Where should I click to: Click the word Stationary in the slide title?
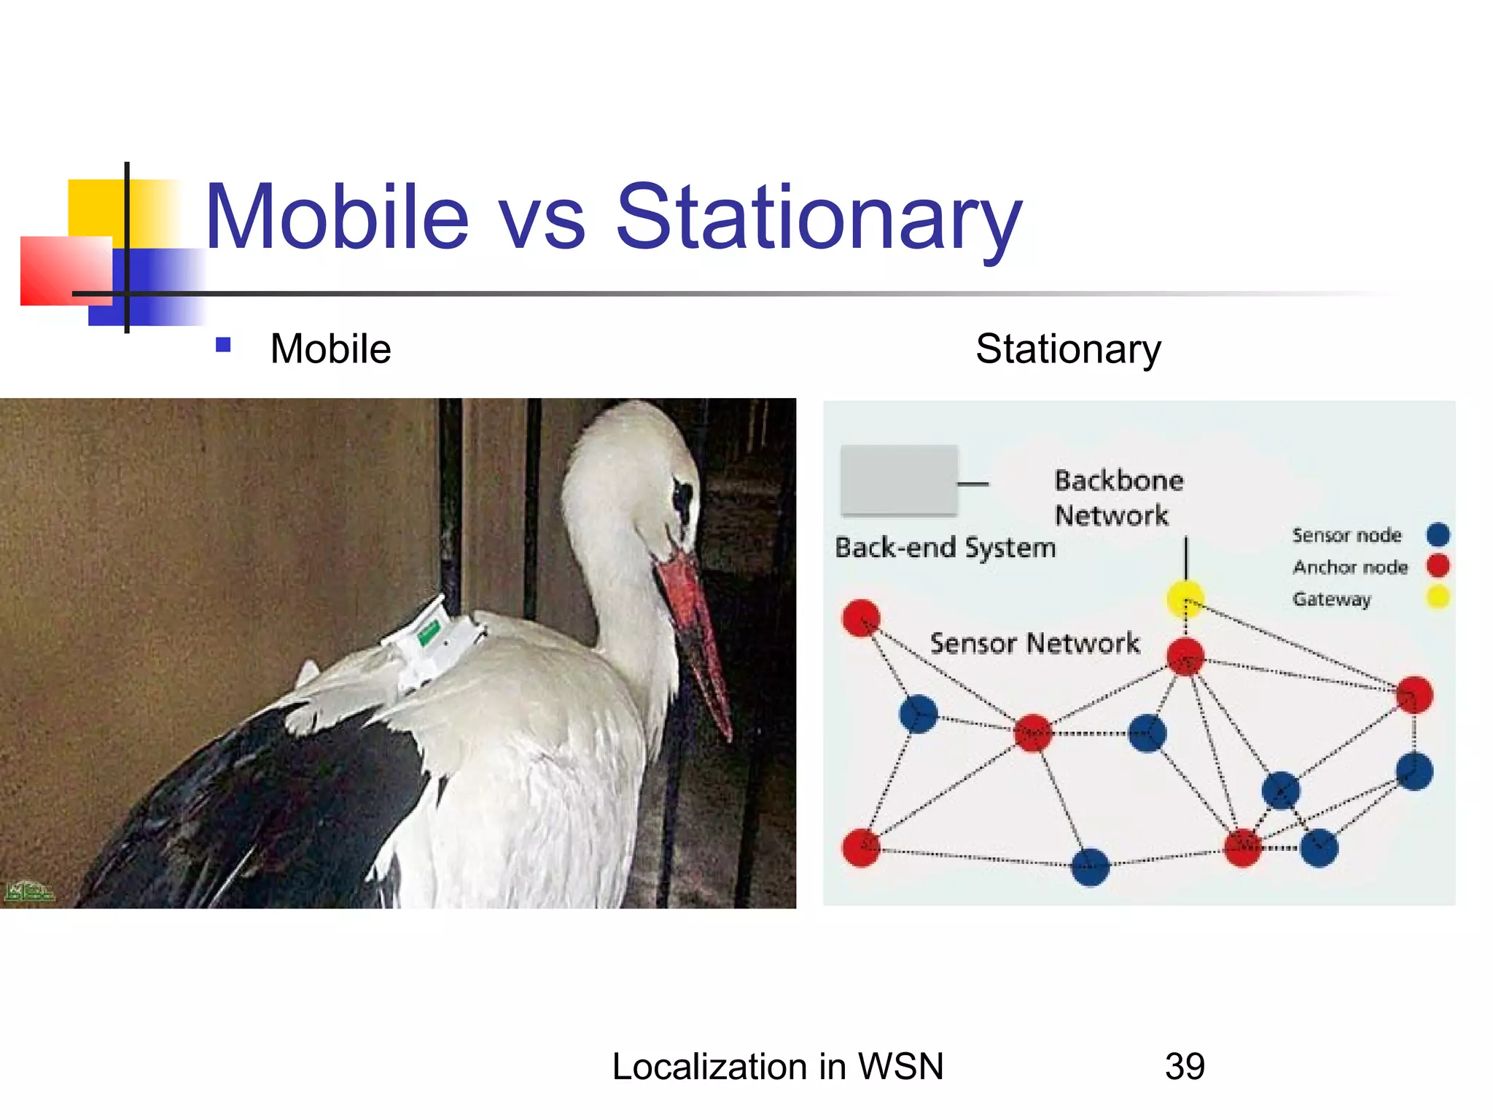point(819,217)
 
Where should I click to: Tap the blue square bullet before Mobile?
point(224,345)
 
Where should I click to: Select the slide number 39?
point(1185,1066)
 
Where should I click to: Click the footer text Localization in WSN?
point(778,1066)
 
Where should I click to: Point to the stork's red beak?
point(696,634)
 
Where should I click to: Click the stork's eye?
point(682,497)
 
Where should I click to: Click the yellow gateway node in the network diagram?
point(1185,599)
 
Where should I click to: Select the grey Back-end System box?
point(899,480)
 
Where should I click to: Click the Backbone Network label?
point(1118,497)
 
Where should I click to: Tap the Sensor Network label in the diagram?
point(1034,643)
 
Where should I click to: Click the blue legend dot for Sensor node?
point(1438,534)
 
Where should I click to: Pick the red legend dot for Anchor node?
point(1438,566)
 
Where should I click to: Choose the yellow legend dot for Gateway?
point(1438,597)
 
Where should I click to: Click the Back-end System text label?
point(945,548)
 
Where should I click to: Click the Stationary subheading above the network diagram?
point(1068,349)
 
